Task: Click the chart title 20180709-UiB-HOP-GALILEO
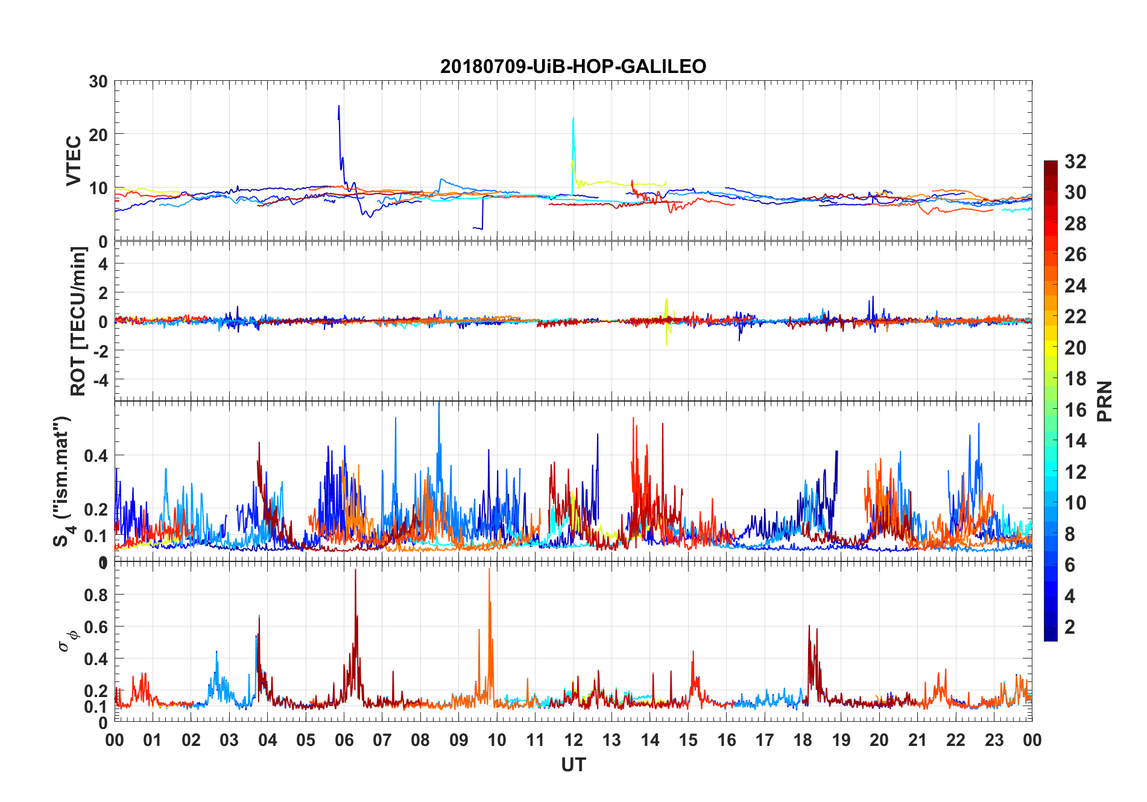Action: click(573, 66)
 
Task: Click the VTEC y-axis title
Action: click(74, 161)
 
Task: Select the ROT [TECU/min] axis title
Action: click(78, 321)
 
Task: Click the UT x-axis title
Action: click(573, 765)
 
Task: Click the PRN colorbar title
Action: click(1104, 401)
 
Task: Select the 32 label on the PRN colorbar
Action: click(1075, 162)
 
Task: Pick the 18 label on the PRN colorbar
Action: click(1075, 379)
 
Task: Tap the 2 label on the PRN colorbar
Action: click(1070, 627)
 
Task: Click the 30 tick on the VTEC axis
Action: click(98, 82)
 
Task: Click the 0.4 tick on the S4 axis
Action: click(96, 456)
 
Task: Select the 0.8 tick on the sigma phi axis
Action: click(96, 595)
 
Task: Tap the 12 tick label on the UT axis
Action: click(573, 740)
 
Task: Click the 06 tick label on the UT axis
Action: click(344, 740)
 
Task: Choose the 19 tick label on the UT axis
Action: click(841, 740)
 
